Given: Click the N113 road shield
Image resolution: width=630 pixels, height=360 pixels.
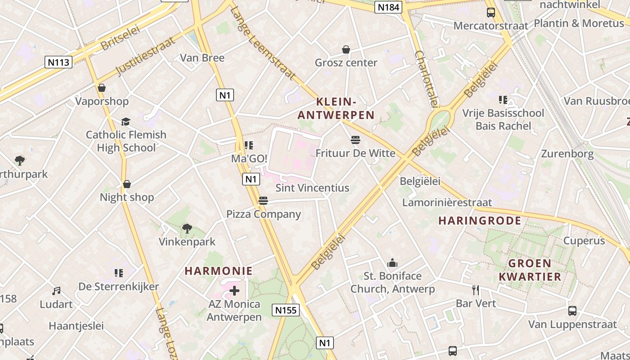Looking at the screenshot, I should click(58, 62).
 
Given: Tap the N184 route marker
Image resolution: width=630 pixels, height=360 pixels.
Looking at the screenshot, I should click(388, 7).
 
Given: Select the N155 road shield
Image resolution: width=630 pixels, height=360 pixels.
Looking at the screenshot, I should click(285, 310).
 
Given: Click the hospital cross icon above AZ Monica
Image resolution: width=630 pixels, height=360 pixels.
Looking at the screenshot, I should click(234, 291).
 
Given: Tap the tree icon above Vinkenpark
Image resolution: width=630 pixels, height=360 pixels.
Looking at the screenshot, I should click(187, 229).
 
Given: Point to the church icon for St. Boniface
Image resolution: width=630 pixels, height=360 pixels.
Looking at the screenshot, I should click(392, 263).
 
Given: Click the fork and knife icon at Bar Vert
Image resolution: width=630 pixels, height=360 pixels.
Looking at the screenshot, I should click(476, 290).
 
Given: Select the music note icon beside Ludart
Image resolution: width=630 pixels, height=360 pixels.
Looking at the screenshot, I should click(56, 291).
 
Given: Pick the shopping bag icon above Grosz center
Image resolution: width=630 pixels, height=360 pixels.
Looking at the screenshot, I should click(346, 49).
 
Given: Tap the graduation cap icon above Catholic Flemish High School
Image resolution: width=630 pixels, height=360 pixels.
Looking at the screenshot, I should click(126, 121).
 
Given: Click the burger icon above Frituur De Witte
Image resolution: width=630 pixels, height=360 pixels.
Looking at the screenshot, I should click(355, 140).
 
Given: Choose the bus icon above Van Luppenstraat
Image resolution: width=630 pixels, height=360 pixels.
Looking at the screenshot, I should click(572, 311).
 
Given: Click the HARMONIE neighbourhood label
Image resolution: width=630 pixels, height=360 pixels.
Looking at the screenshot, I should click(219, 271).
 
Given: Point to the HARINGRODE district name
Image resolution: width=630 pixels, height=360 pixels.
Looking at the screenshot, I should click(480, 220).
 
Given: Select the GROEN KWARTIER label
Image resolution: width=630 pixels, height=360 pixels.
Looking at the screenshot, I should click(530, 270).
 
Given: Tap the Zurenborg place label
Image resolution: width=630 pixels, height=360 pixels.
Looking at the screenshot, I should click(567, 154).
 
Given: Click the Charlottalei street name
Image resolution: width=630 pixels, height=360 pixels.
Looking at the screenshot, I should click(426, 79).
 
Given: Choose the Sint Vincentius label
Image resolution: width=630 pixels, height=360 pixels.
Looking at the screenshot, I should click(312, 188).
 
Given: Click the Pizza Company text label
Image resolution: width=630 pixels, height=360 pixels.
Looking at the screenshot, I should click(263, 214).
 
